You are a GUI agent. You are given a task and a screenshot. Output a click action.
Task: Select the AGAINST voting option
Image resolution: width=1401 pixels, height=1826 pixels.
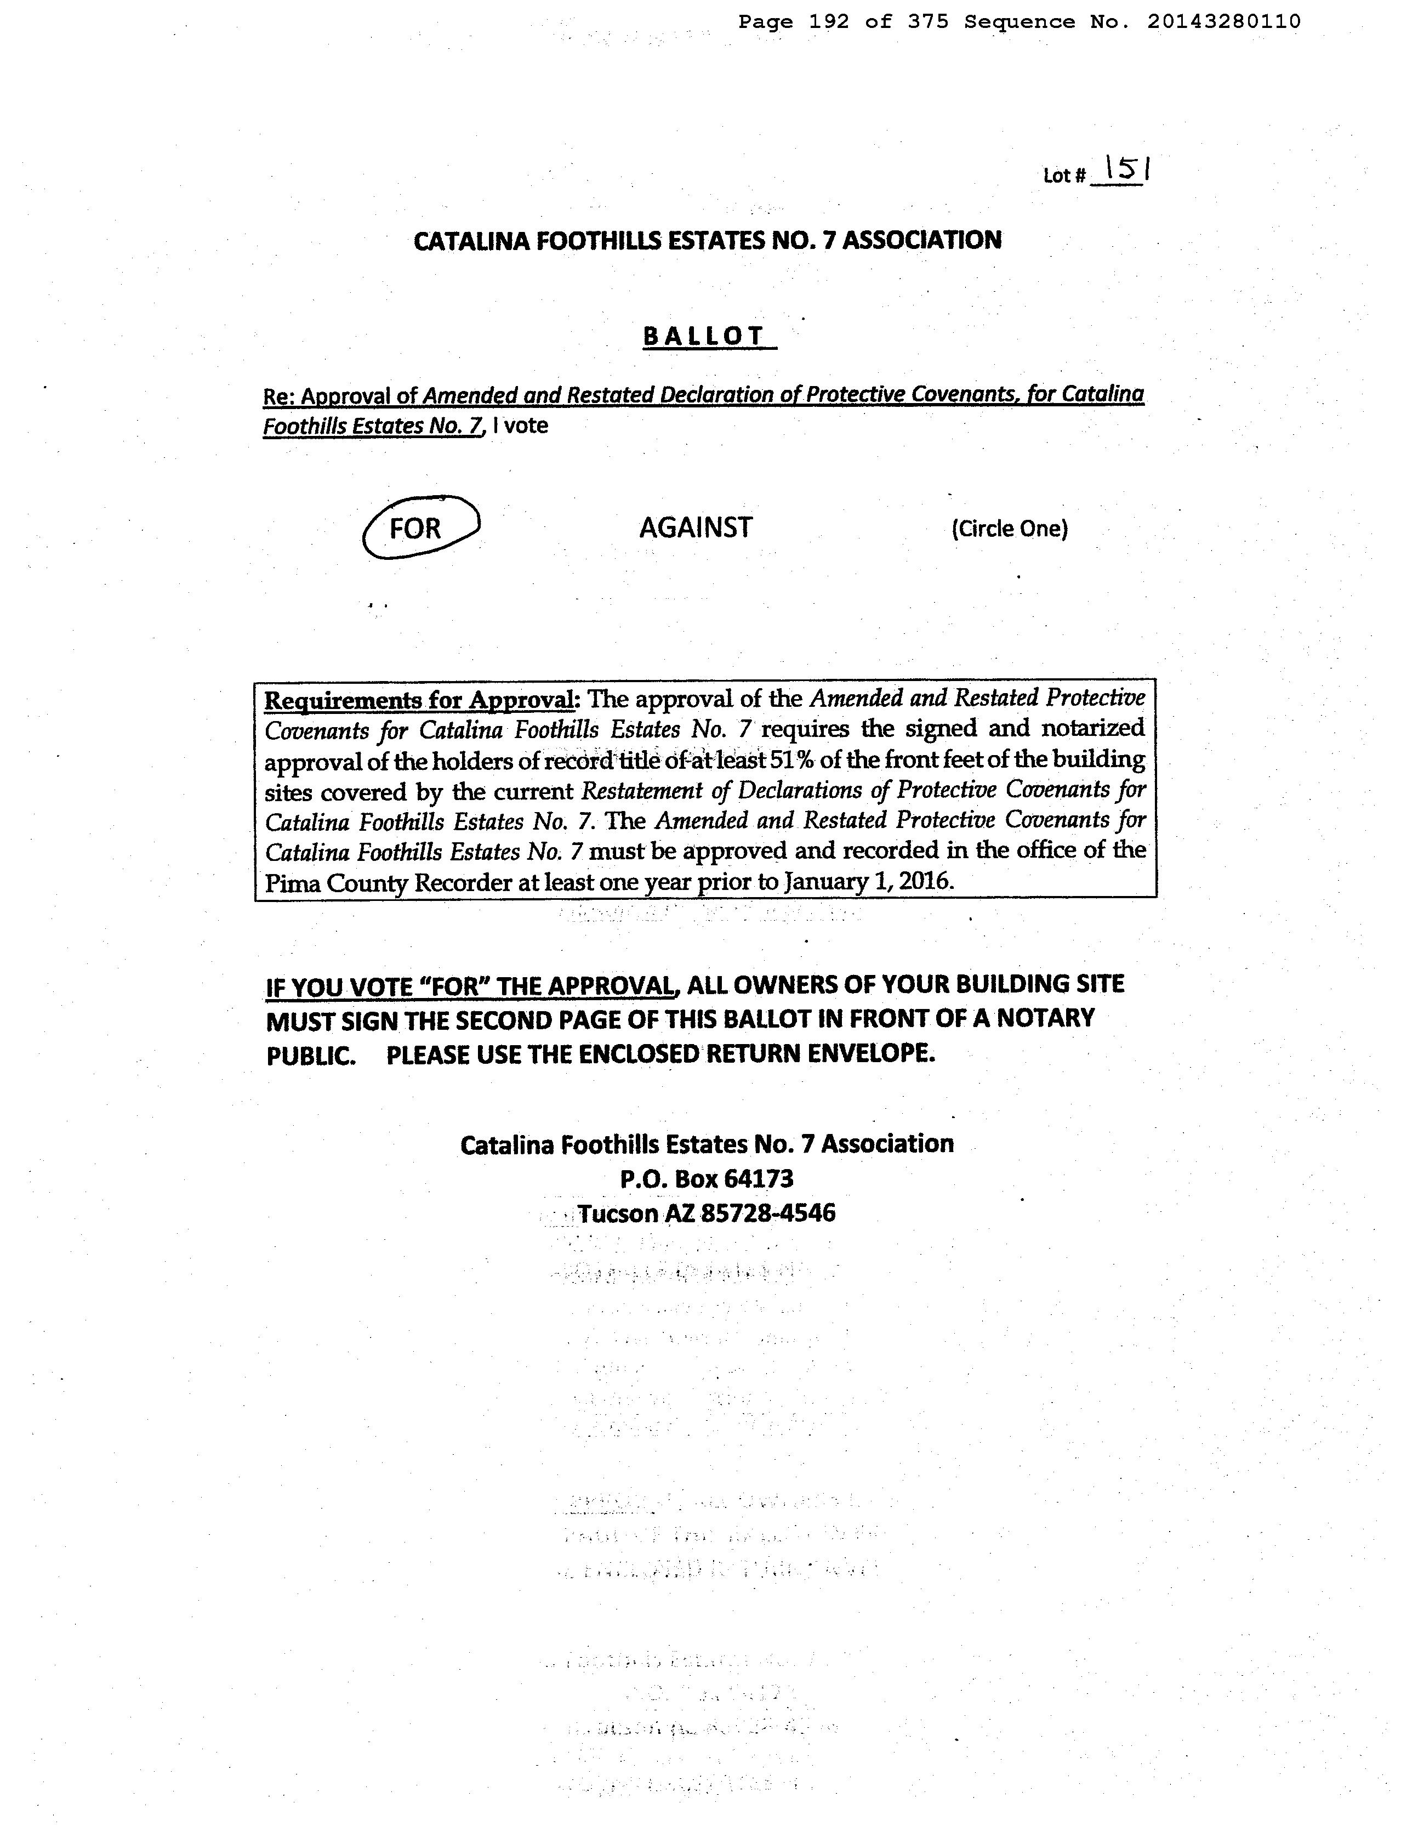tap(696, 527)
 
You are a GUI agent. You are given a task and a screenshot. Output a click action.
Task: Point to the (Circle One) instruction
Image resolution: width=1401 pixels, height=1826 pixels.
tap(1009, 529)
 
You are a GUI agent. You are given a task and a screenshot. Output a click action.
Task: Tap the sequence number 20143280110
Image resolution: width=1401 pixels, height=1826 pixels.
tap(1223, 22)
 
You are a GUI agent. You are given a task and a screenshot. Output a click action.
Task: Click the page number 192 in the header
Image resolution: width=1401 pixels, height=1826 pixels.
tap(829, 22)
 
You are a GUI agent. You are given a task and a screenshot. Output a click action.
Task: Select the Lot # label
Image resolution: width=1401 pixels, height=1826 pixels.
tap(1064, 176)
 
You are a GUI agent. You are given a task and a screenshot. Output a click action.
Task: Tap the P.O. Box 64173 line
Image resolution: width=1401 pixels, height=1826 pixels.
tap(707, 1179)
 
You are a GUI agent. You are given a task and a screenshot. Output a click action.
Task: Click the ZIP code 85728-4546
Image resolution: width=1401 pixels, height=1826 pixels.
tap(768, 1213)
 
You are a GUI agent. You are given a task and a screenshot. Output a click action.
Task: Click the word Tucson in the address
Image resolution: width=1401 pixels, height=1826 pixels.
tap(618, 1213)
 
